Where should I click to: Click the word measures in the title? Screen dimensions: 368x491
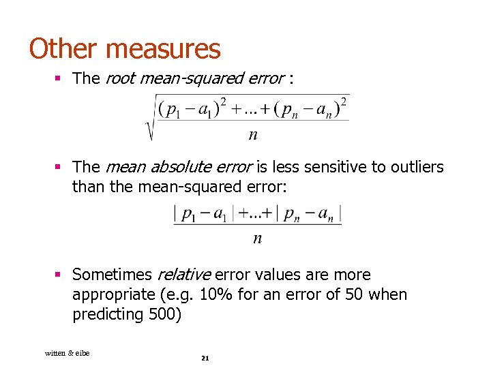coord(164,48)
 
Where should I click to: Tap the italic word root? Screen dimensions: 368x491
coord(120,78)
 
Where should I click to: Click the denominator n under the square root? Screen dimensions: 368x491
coord(253,135)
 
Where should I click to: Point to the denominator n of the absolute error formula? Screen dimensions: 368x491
coord(257,238)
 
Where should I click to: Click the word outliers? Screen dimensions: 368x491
coord(417,167)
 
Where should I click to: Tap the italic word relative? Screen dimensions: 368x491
coord(184,275)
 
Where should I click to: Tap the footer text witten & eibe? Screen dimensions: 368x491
coord(67,352)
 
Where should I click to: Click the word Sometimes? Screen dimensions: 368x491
coord(112,275)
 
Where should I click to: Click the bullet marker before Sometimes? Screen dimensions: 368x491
coord(59,275)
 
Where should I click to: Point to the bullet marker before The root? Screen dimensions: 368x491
coord(59,79)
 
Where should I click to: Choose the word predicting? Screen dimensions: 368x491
coord(104,316)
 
